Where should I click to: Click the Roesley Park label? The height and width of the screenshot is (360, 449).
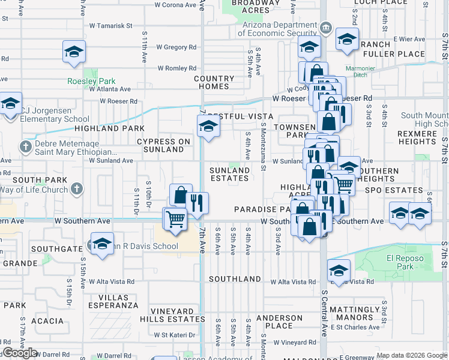click(x=91, y=81)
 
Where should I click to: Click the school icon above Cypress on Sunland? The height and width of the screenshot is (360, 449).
click(x=208, y=127)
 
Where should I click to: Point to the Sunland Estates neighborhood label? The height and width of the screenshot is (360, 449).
click(x=229, y=174)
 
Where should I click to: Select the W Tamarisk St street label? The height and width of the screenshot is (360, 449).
click(x=110, y=26)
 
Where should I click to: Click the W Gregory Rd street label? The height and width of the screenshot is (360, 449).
click(x=176, y=47)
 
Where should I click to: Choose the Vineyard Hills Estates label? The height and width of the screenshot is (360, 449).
click(x=173, y=316)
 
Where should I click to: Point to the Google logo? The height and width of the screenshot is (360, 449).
click(x=20, y=353)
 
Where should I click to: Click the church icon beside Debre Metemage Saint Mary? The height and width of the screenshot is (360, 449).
click(x=25, y=146)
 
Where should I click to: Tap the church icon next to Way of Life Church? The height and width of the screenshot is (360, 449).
click(x=76, y=190)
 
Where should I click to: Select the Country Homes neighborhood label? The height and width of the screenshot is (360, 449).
click(x=214, y=82)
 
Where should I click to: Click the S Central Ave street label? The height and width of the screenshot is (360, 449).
click(x=325, y=312)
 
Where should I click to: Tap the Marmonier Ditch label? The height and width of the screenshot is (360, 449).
click(x=360, y=72)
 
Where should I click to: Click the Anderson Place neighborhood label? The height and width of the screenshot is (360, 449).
click(x=279, y=322)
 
